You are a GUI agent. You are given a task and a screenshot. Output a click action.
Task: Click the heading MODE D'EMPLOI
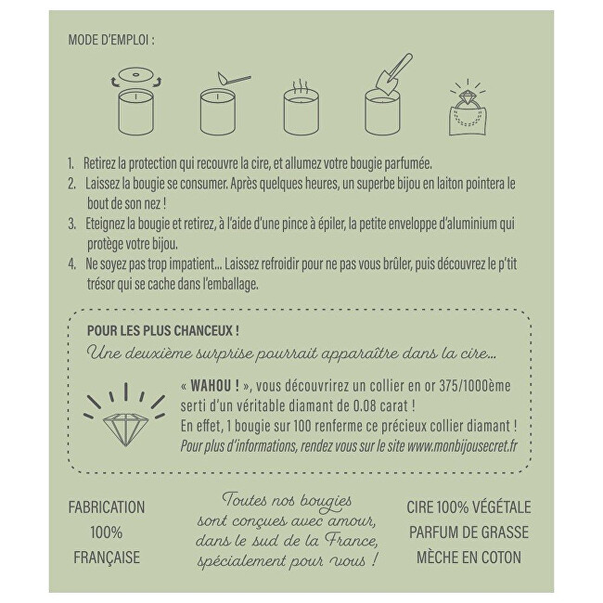pyautogui.click(x=110, y=40)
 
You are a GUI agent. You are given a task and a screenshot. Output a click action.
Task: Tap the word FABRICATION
pyautogui.click(x=107, y=507)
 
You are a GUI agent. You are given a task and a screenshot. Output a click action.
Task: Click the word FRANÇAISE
pyautogui.click(x=107, y=558)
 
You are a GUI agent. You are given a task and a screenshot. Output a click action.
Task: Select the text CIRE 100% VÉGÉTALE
pyautogui.click(x=469, y=507)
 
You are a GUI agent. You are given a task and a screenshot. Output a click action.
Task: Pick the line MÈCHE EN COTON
pyautogui.click(x=469, y=558)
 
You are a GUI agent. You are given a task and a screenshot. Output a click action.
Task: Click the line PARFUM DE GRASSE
pyautogui.click(x=469, y=532)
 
